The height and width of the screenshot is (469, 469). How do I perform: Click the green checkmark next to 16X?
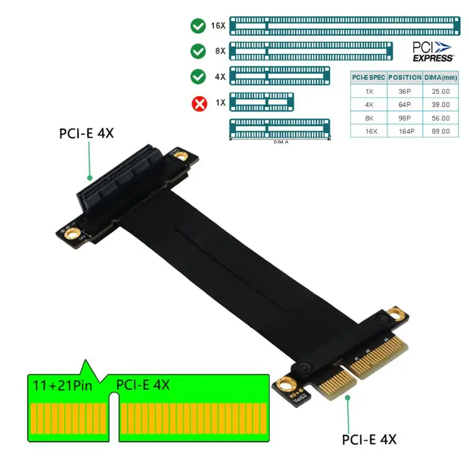[x=198, y=26]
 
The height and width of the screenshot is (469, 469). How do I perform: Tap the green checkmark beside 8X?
[x=198, y=51]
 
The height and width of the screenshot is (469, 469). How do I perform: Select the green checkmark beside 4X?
[x=198, y=77]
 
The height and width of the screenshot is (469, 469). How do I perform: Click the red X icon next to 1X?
[x=199, y=103]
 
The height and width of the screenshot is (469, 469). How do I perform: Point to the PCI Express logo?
[x=433, y=51]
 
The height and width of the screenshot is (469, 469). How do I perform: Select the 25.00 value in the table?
[x=440, y=91]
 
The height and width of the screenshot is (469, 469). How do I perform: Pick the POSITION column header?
[x=405, y=77]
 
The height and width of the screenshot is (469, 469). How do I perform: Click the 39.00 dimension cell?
[x=440, y=104]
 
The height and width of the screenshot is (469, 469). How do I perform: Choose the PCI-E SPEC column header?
[x=369, y=77]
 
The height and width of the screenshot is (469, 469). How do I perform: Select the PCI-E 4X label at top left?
[x=86, y=133]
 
